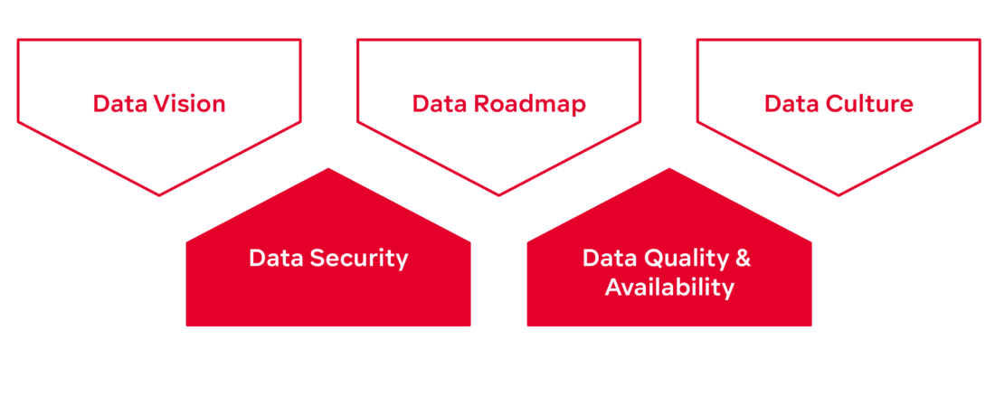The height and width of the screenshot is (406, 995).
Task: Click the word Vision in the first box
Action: pyautogui.click(x=189, y=104)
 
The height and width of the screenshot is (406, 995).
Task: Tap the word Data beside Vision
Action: pyautogui.click(x=120, y=104)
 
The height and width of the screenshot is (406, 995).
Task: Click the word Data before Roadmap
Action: pyautogui.click(x=440, y=104)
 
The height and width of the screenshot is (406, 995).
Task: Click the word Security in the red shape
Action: pyautogui.click(x=358, y=259)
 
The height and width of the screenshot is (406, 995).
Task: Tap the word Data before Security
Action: pyautogui.click(x=276, y=259)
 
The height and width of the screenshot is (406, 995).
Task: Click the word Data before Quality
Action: pyautogui.click(x=610, y=259)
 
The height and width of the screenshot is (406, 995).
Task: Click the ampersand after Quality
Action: pyautogui.click(x=743, y=259)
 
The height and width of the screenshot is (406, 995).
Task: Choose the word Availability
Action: pyautogui.click(x=669, y=288)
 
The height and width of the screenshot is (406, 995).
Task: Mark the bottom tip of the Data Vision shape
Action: pyautogui.click(x=159, y=194)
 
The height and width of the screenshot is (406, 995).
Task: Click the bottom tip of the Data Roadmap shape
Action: pyautogui.click(x=498, y=194)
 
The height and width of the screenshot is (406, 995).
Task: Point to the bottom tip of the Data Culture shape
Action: pyautogui.click(x=838, y=194)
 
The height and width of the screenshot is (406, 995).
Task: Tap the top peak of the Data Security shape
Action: pyautogui.click(x=328, y=169)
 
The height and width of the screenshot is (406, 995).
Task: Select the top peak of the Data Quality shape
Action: pyautogui.click(x=669, y=169)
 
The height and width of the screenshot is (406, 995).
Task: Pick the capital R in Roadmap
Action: pyautogui.click(x=480, y=104)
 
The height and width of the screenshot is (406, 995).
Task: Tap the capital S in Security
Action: pyautogui.click(x=316, y=259)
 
